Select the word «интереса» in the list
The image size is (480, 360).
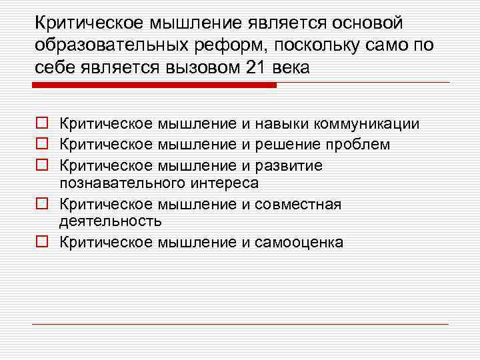[227, 182]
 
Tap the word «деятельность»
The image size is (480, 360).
[111, 221]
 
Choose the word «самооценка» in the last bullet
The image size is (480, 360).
[299, 242]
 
